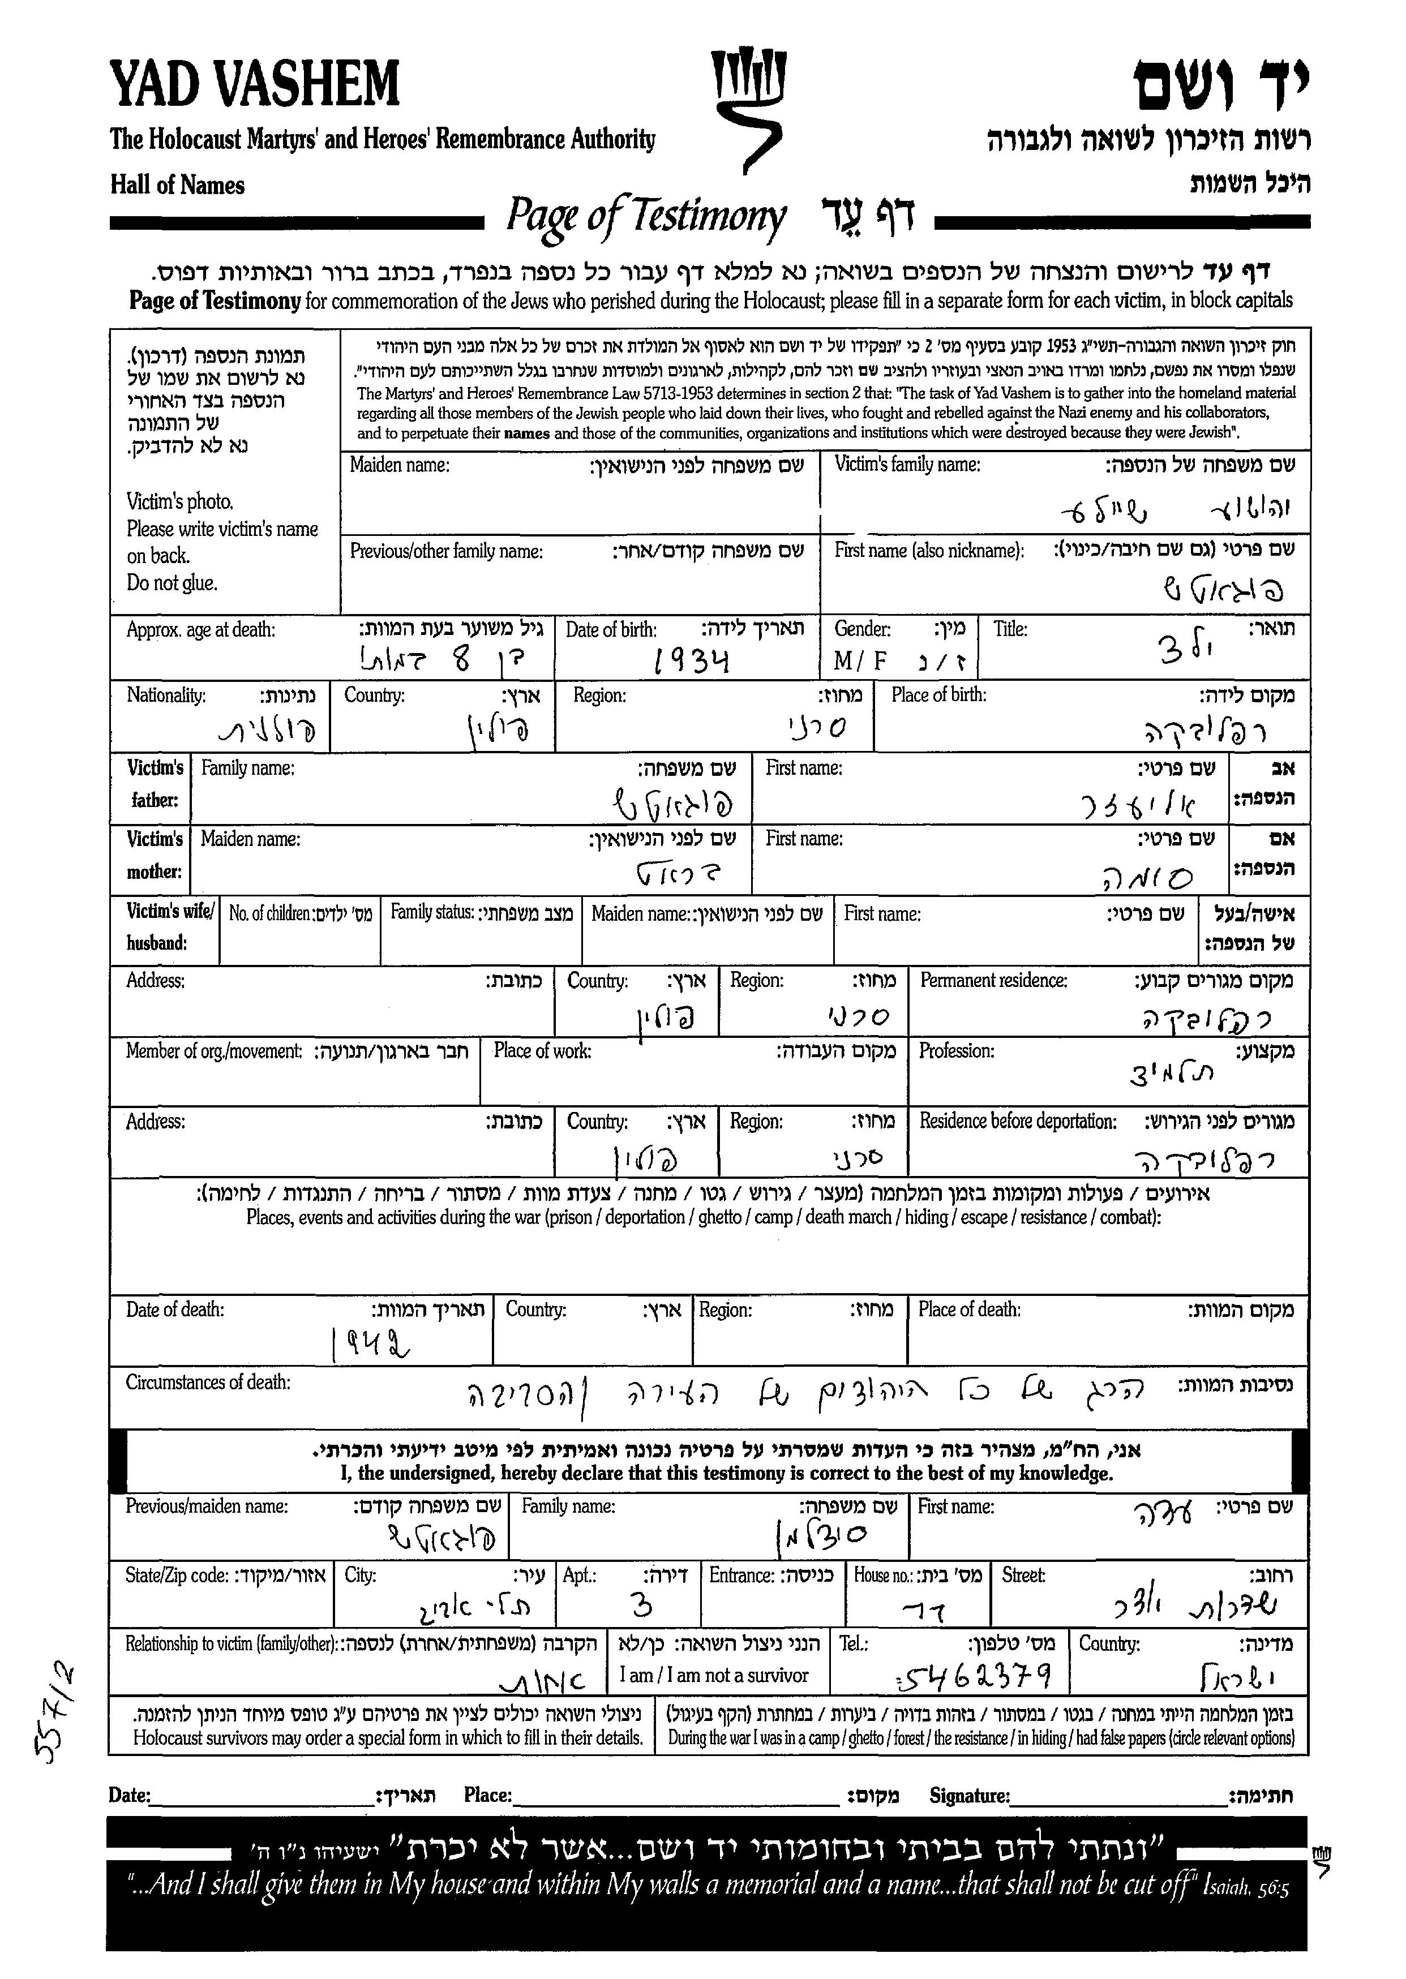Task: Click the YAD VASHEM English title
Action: [x=255, y=85]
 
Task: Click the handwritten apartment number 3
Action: [x=641, y=1607]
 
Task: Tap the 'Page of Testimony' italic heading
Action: [x=646, y=216]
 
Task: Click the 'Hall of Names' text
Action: [x=178, y=185]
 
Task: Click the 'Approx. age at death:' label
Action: [x=201, y=629]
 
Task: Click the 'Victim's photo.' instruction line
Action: [x=180, y=501]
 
